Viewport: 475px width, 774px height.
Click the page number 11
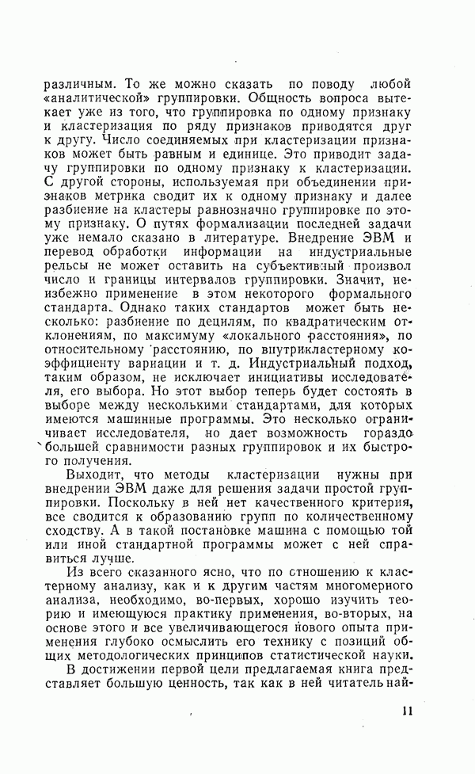tap(407, 711)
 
